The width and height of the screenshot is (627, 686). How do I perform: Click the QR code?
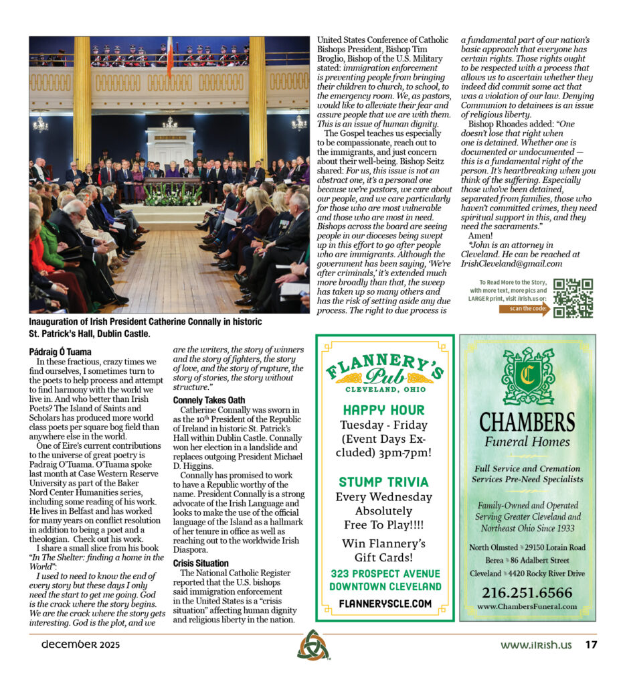coord(573,298)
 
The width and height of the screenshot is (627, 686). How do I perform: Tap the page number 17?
coord(591,645)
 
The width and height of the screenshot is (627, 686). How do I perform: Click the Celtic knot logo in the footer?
coord(313,645)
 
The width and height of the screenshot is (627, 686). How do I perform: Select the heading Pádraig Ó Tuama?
coord(60,352)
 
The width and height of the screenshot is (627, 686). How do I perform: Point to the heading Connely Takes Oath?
coord(209,400)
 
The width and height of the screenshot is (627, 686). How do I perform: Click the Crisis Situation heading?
coord(201,563)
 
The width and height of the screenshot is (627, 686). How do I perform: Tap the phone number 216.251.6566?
coord(527,593)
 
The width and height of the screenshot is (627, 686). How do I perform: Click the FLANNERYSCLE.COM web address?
coord(385,604)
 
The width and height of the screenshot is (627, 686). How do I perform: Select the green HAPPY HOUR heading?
coord(383,410)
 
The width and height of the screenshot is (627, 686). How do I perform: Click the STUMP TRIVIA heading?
coord(384,482)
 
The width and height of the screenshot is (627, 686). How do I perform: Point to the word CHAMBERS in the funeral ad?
coord(527,422)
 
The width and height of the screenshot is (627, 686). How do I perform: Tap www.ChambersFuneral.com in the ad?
coord(527,607)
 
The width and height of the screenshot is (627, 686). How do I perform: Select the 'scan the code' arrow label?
coord(524,309)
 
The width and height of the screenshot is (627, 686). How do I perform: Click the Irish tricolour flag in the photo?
coord(170,56)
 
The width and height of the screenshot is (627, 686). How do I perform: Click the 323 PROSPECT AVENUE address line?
coord(385,574)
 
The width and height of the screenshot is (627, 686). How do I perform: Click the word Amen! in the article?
coord(480,235)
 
